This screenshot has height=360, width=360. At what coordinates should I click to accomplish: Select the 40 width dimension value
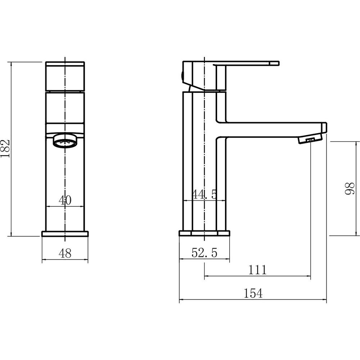(x=65, y=200)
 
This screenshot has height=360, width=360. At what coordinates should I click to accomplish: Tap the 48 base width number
(x=65, y=253)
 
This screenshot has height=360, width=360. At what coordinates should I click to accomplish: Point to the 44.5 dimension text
(x=204, y=194)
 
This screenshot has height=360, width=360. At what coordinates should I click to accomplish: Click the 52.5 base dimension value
(x=204, y=253)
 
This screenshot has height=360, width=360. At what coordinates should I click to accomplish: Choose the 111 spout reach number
(x=258, y=270)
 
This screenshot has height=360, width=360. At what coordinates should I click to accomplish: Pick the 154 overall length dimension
(x=253, y=293)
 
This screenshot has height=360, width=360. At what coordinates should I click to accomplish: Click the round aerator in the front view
(x=66, y=140)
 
